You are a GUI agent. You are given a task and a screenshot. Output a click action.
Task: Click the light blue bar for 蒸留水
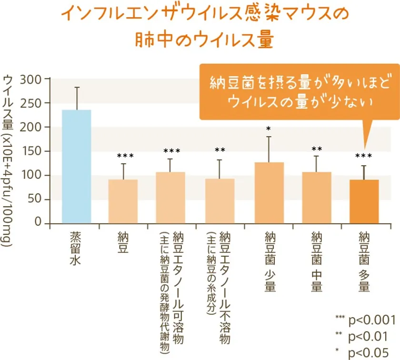pyautogui.click(x=77, y=167)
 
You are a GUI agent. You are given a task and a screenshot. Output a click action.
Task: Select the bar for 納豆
pyautogui.click(x=123, y=201)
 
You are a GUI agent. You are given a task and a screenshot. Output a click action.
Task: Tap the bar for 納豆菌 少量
pyautogui.click(x=269, y=192)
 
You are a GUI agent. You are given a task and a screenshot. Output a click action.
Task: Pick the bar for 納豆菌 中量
pyautogui.click(x=317, y=197)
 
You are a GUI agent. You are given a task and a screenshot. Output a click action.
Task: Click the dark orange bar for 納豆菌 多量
pyautogui.click(x=364, y=201)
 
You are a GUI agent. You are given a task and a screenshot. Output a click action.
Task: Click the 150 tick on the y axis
pyautogui.click(x=35, y=151)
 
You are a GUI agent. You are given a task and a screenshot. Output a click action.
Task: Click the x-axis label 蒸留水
pyautogui.click(x=76, y=248)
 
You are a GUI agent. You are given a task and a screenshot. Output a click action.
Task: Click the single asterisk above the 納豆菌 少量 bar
pyautogui.click(x=269, y=129)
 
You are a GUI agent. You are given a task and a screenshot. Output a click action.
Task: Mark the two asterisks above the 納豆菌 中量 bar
pyautogui.click(x=317, y=150)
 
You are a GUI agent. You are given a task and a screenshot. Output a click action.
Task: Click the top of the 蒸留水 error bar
pyautogui.click(x=77, y=87)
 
